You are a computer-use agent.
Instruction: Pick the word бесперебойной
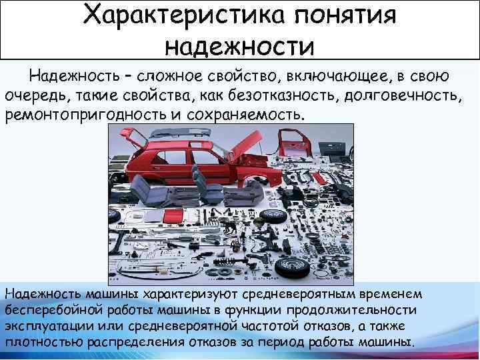(x=49, y=311)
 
